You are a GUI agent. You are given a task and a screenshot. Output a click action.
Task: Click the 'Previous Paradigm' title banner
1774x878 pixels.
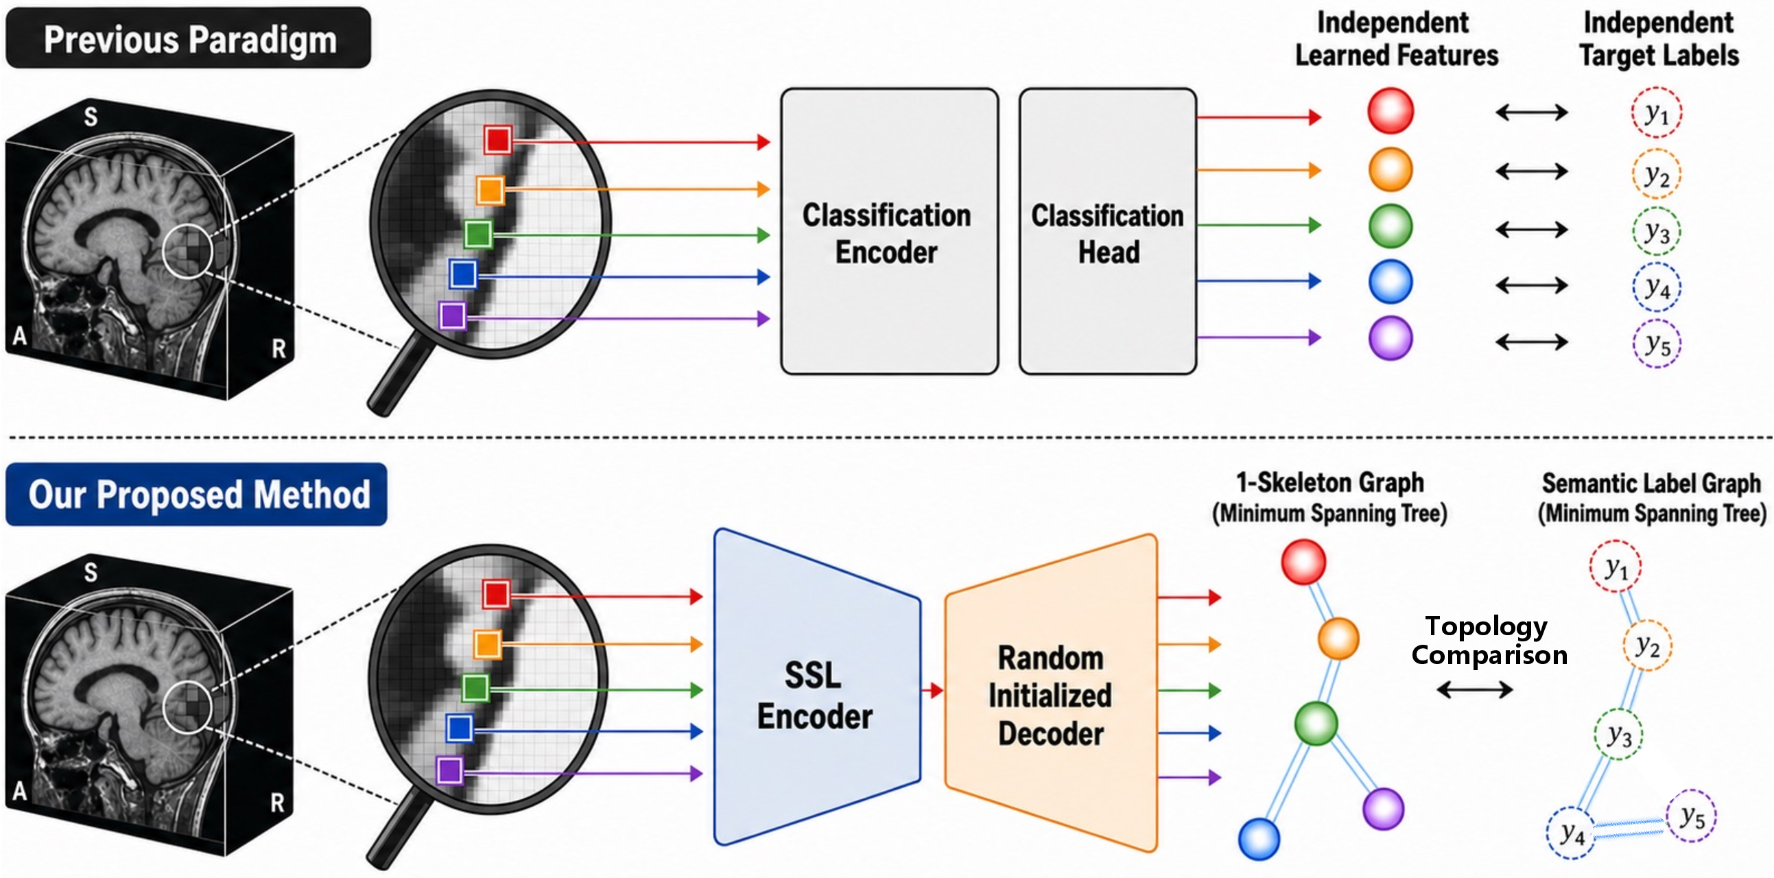point(188,38)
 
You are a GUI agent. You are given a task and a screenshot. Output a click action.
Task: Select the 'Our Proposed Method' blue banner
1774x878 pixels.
point(196,494)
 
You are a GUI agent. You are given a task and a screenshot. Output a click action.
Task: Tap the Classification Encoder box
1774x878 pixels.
point(889,231)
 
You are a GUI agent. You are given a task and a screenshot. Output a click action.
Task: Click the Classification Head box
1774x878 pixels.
point(1107,231)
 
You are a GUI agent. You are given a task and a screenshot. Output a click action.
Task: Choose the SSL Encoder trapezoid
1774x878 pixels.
point(818,687)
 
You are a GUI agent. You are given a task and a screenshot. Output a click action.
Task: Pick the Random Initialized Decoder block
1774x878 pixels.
point(1051,693)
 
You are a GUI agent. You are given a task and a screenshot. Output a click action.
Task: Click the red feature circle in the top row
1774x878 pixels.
point(1391,111)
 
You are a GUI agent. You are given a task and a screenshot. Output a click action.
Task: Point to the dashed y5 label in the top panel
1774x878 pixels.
point(1657,343)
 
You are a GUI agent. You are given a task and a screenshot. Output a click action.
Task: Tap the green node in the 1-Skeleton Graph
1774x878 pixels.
point(1316,723)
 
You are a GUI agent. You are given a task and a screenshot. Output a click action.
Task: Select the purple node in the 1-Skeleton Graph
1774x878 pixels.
point(1384,809)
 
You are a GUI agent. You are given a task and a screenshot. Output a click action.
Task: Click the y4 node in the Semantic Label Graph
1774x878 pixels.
point(1572,833)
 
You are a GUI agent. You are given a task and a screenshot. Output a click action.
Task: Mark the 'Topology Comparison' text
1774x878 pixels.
point(1489,641)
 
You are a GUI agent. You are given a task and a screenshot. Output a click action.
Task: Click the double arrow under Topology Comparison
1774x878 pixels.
point(1474,689)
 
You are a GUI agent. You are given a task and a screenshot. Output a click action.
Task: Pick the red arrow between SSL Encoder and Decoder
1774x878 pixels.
point(933,689)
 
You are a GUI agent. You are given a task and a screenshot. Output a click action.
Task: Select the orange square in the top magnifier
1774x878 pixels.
point(490,190)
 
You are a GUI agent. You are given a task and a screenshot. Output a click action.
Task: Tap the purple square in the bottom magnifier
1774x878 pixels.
point(450,770)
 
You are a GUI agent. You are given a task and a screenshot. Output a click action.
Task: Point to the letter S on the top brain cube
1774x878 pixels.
point(91,117)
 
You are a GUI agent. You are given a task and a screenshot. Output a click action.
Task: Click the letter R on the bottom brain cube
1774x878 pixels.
point(278,803)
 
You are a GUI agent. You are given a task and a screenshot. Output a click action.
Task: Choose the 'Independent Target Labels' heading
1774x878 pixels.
point(1659,39)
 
